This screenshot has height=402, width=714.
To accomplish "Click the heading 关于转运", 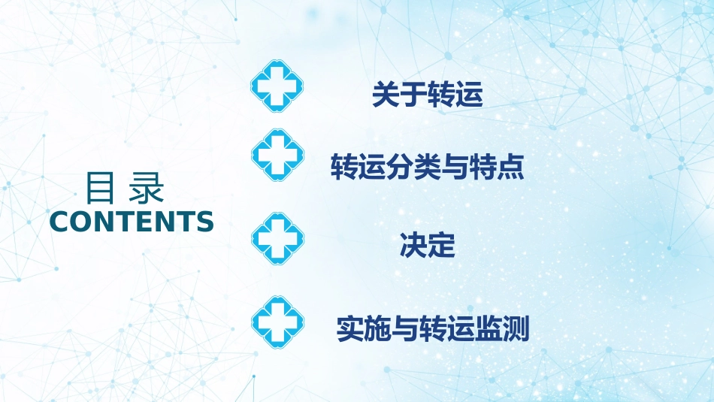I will click(427, 96).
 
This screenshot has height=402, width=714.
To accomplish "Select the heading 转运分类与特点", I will click(427, 167).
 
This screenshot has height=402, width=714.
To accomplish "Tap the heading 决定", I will click(427, 246).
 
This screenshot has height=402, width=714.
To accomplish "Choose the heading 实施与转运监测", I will click(433, 329).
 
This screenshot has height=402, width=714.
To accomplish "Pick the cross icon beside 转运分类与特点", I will click(277, 153).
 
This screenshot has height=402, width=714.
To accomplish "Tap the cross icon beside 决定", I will click(277, 237).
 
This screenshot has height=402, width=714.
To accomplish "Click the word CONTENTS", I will click(132, 222).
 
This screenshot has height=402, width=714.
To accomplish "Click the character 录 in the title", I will click(146, 189).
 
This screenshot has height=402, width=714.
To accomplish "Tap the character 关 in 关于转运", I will click(386, 96).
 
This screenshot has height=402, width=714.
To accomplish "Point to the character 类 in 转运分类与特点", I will click(427, 167).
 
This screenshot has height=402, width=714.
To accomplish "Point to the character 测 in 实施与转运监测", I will click(516, 329).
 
